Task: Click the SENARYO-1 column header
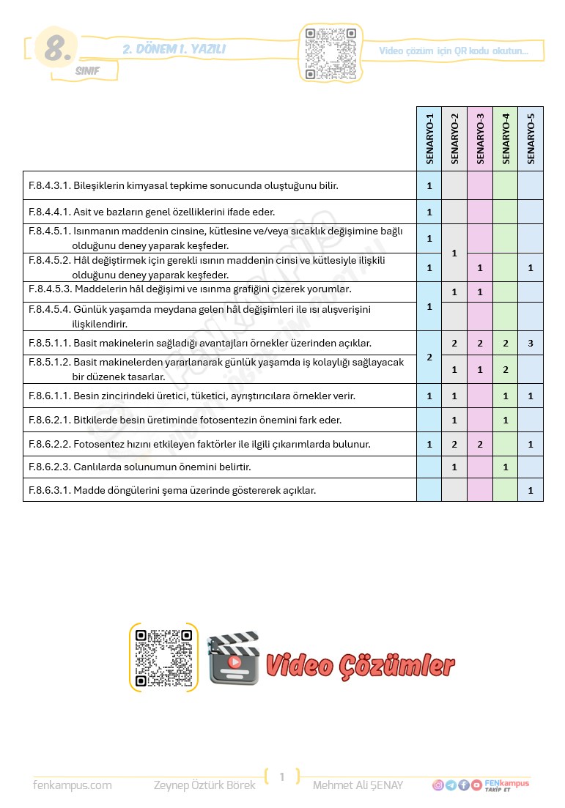(x=429, y=138)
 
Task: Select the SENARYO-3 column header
(x=480, y=138)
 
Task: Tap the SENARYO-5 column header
(x=531, y=138)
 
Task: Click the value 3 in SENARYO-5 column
(x=531, y=343)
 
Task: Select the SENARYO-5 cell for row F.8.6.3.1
(x=531, y=490)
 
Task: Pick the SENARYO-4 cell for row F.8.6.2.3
(x=506, y=467)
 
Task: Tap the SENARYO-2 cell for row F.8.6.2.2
(x=454, y=444)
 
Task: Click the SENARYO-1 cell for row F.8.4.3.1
(x=429, y=185)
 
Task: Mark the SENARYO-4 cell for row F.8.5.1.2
(x=506, y=370)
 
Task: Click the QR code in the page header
(x=330, y=53)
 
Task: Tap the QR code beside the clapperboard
(x=163, y=657)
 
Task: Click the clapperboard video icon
(x=233, y=658)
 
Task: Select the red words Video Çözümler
(x=360, y=665)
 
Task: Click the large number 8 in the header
(x=57, y=50)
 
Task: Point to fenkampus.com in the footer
(x=73, y=785)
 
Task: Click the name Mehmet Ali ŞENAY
(x=358, y=785)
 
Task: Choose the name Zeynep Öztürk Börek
(x=204, y=785)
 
